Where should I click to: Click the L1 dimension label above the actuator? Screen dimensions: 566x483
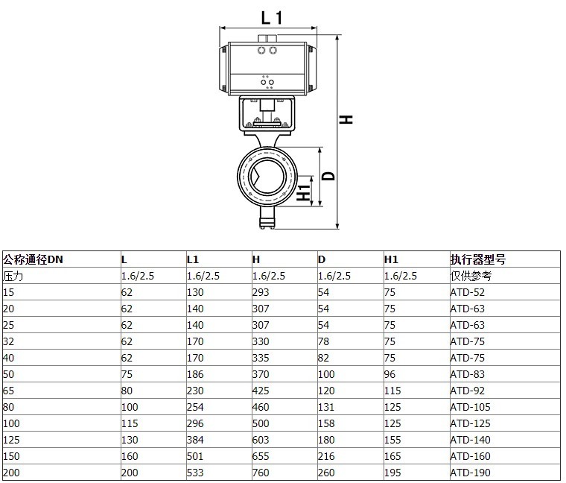tap(272, 18)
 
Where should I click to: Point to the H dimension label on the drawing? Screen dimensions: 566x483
tap(346, 119)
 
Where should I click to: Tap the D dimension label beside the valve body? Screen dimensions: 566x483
tap(328, 176)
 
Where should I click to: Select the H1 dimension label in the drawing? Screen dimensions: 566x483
tap(303, 192)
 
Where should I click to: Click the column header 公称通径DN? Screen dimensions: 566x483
tap(33, 259)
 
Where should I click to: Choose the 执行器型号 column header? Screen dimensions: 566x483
tap(478, 259)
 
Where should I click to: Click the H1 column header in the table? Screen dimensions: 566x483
tap(391, 259)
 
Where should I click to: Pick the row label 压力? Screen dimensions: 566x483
tap(13, 276)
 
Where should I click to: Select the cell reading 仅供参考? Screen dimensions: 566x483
tap(471, 276)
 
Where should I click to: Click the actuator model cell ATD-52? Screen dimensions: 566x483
tap(468, 292)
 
